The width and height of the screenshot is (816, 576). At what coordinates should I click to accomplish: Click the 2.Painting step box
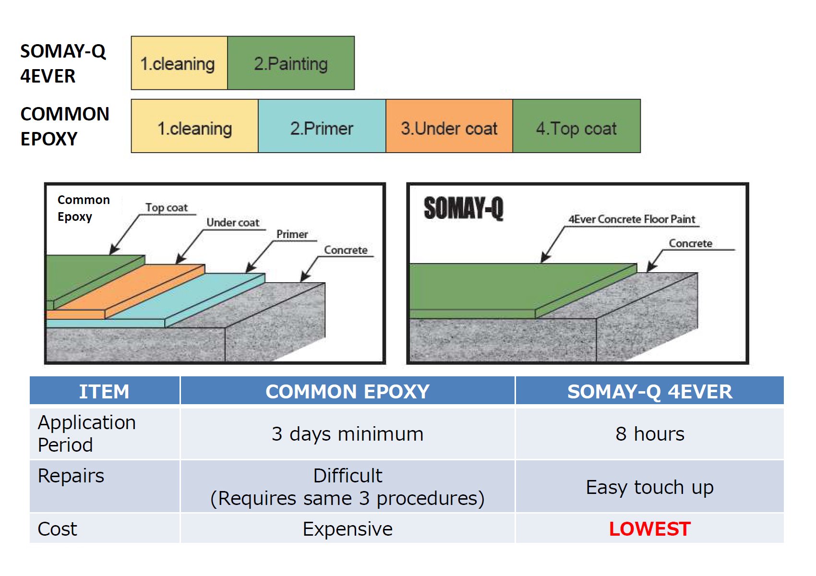pyautogui.click(x=291, y=63)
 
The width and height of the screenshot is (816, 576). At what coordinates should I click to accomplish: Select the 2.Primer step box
pyautogui.click(x=322, y=128)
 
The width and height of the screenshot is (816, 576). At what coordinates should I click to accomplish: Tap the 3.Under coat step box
pyautogui.click(x=449, y=128)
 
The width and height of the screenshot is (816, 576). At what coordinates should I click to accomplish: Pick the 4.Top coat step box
pyautogui.click(x=576, y=128)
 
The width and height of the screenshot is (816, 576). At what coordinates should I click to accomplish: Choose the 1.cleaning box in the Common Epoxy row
pyautogui.click(x=194, y=128)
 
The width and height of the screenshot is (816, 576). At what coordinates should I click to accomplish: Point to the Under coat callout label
pyautogui.click(x=233, y=222)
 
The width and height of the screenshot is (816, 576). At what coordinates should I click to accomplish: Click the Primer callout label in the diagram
pyautogui.click(x=292, y=234)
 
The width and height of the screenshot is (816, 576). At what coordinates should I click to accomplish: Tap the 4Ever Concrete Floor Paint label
pyautogui.click(x=632, y=219)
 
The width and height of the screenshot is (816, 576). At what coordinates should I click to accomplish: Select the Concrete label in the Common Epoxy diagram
pyautogui.click(x=346, y=250)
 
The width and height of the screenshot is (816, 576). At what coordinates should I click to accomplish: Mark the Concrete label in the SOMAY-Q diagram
pyautogui.click(x=690, y=243)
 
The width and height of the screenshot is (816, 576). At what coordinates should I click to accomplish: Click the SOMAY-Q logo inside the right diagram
pyautogui.click(x=463, y=208)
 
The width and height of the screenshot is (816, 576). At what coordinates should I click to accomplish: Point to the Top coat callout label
pyautogui.click(x=167, y=207)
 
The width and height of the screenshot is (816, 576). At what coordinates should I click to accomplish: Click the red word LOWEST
pyautogui.click(x=649, y=529)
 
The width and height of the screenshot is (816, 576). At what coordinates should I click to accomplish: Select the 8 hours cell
pyautogui.click(x=649, y=434)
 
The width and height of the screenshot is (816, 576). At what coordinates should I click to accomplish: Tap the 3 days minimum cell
pyautogui.click(x=348, y=434)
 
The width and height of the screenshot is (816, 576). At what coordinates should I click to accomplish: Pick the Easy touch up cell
pyautogui.click(x=649, y=487)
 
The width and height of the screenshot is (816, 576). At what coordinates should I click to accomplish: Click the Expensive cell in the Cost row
pyautogui.click(x=348, y=529)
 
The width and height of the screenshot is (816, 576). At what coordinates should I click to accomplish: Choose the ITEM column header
pyautogui.click(x=104, y=392)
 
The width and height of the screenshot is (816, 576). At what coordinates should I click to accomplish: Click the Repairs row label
pyautogui.click(x=71, y=476)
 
